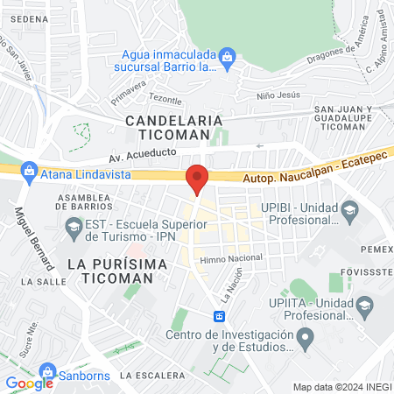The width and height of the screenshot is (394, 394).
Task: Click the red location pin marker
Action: point(198,179)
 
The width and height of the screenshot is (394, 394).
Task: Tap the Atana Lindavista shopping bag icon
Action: point(29,169)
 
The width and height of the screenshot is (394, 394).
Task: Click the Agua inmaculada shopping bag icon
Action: point(228,58)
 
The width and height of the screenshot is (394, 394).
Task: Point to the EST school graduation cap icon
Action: point(72,229)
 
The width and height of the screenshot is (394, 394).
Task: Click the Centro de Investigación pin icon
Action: point(305,336)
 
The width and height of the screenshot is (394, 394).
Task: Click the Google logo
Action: point(29,383)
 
